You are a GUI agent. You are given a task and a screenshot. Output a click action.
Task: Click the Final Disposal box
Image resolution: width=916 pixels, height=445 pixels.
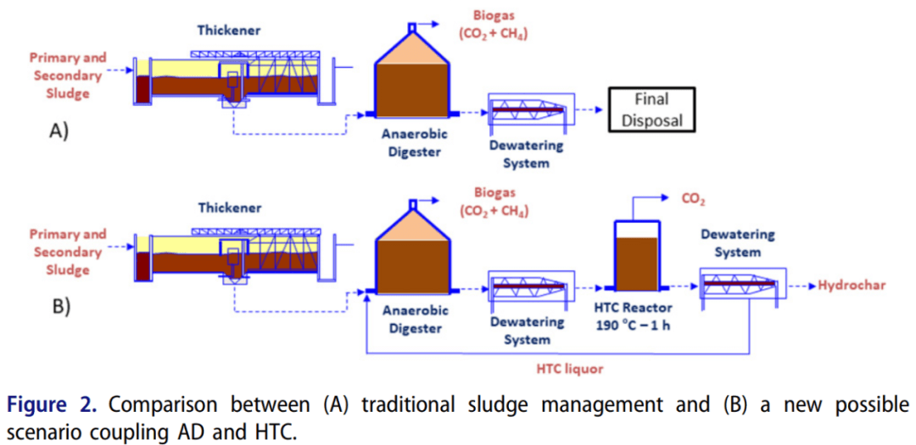(x=651, y=109)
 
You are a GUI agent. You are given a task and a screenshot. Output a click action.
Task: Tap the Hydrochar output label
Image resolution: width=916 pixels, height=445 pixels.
(x=852, y=285)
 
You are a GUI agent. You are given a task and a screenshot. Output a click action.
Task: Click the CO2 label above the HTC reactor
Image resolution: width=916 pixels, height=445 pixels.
(x=694, y=202)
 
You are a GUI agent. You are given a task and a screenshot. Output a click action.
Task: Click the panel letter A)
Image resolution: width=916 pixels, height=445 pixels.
(x=59, y=131)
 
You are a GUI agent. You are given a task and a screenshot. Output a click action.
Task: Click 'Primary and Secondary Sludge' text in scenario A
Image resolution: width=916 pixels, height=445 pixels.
(x=68, y=75)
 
